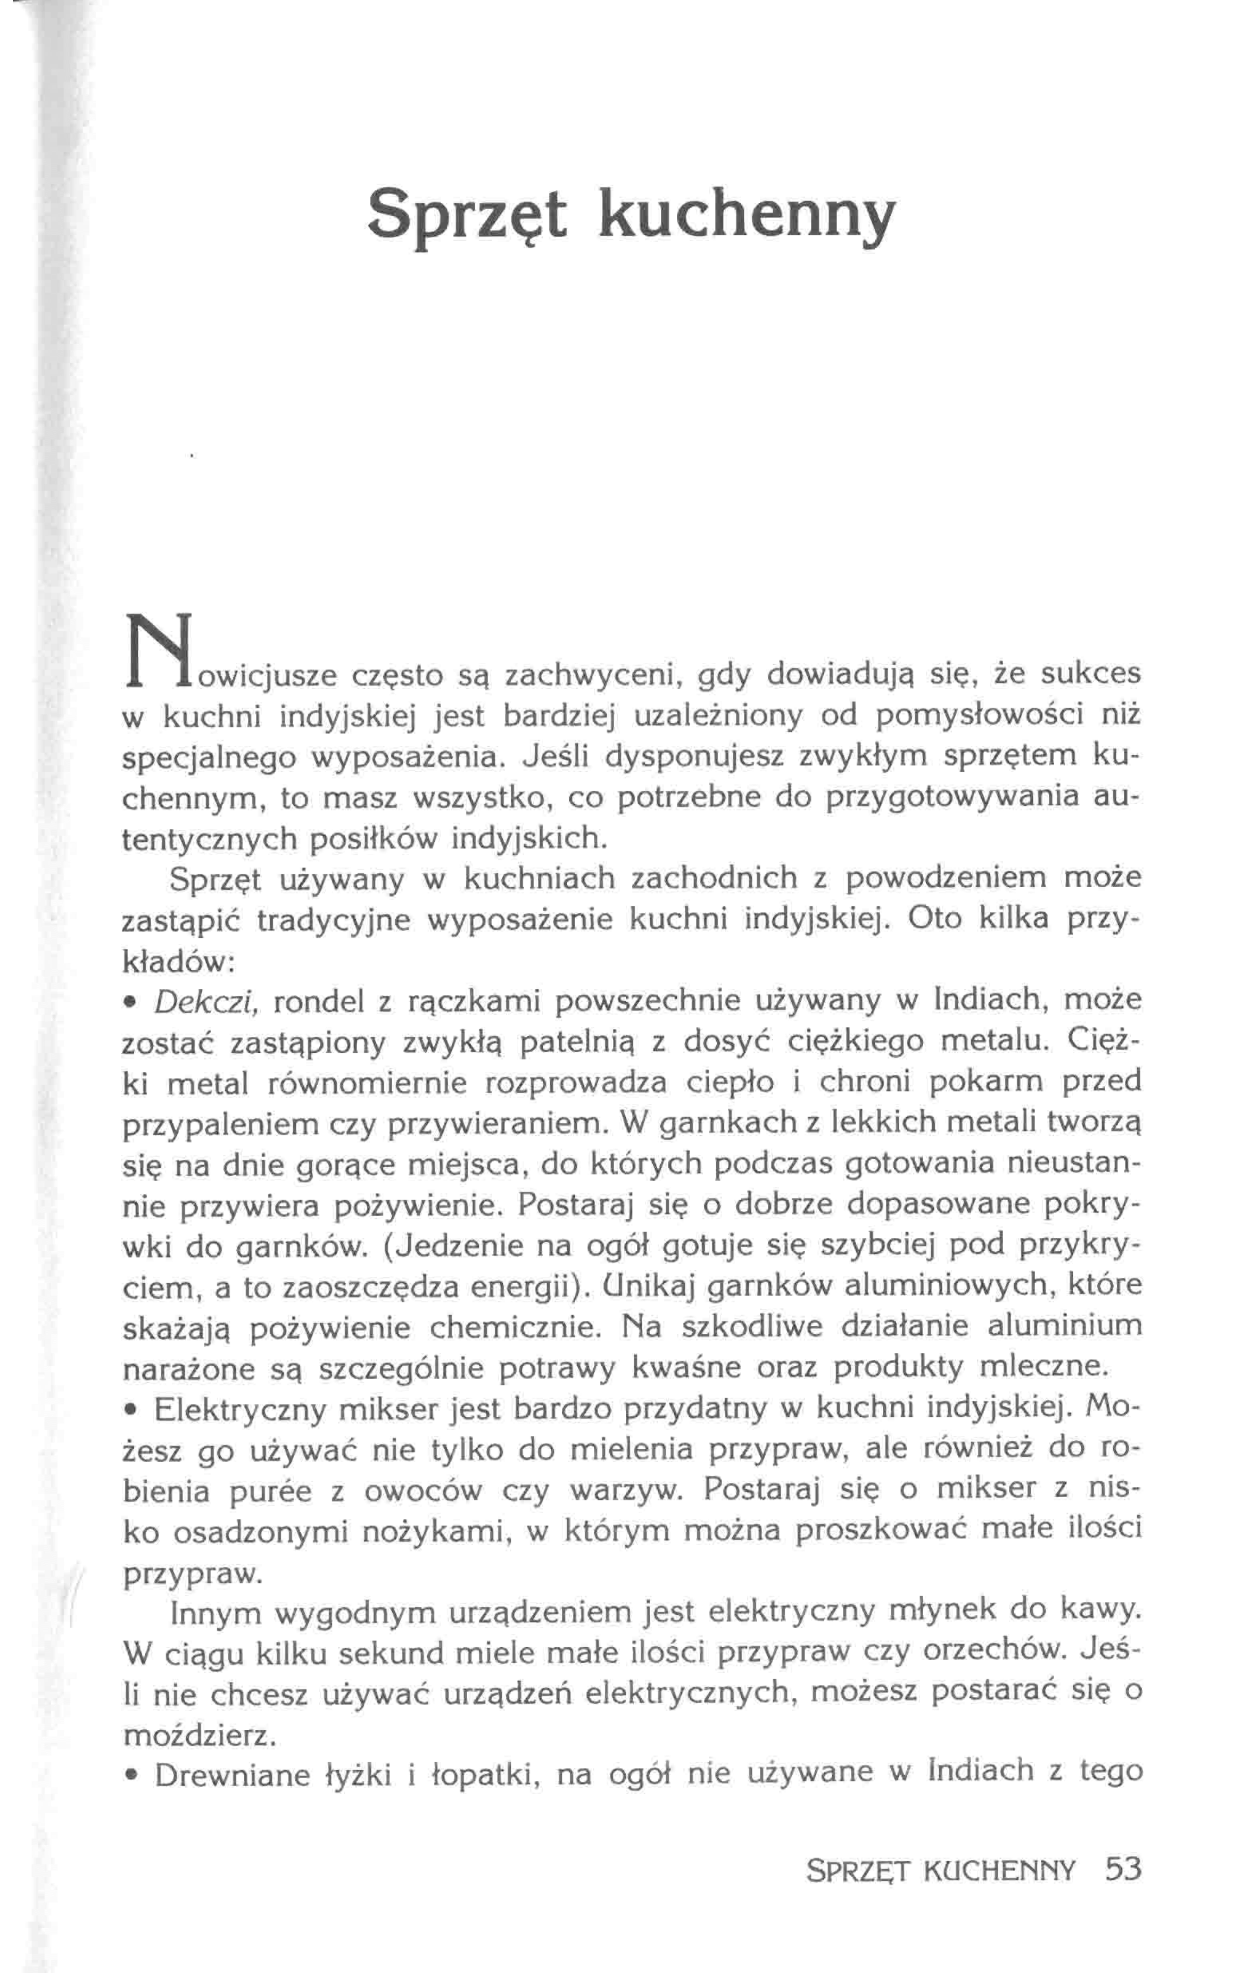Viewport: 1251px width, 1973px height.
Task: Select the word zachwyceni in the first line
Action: [593, 676]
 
